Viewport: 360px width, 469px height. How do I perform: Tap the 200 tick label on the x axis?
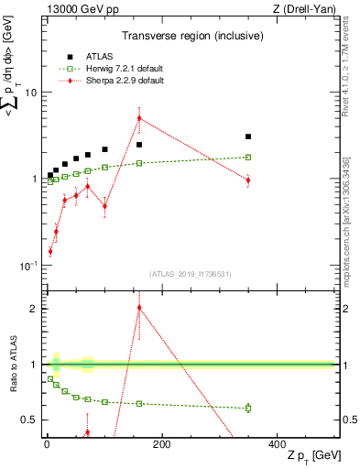[161, 444]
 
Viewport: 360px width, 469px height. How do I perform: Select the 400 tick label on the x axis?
[277, 444]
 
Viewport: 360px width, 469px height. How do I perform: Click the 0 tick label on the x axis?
[46, 444]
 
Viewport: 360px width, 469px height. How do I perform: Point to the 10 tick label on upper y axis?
[30, 93]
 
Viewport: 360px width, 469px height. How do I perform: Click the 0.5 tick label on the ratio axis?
[29, 420]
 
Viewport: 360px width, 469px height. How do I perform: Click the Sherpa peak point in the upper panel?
[139, 117]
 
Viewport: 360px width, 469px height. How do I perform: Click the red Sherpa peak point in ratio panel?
[139, 308]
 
